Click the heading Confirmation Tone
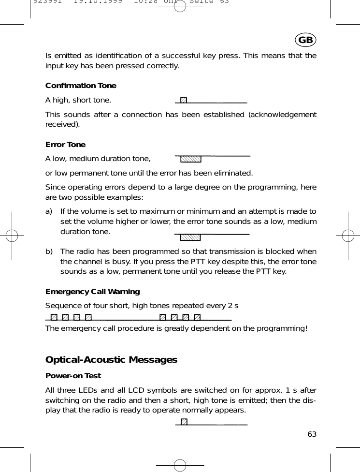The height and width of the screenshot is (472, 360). coord(81,86)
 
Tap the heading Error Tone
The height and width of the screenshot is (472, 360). coord(65,145)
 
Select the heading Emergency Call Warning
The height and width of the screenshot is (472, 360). coord(92,292)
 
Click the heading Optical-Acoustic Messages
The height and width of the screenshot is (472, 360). coord(111,360)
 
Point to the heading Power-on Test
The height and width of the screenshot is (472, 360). coord(73,376)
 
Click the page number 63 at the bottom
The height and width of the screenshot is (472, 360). coord(312,434)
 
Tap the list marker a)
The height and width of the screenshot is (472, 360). coord(49,211)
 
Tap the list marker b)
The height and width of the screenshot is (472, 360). coord(49,251)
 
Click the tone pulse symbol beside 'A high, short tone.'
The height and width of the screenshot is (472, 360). coord(183,100)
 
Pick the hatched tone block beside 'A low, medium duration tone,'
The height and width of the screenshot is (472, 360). coord(190,159)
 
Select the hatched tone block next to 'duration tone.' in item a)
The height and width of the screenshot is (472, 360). coord(190,237)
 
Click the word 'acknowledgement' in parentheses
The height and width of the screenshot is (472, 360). coord(283,115)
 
